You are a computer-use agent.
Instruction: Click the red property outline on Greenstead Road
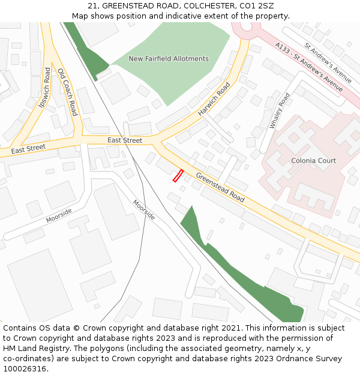point(178,175)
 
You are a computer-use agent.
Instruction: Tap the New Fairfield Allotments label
point(169,59)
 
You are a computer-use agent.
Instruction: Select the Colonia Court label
point(313,161)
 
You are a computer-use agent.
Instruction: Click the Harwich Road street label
point(214,99)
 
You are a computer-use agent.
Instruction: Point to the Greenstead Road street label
point(220,187)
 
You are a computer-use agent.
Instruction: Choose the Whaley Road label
point(280,110)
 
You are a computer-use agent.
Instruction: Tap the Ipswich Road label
point(44,88)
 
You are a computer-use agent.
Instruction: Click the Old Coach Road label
point(67,92)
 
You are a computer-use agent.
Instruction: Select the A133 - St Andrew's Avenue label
point(309,67)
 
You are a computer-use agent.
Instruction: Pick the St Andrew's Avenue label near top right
point(328,62)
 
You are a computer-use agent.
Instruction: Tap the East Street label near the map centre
point(125,140)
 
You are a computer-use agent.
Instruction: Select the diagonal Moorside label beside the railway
point(144,209)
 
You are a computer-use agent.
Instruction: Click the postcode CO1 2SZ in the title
point(258,5)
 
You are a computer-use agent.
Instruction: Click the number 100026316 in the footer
point(25,369)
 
